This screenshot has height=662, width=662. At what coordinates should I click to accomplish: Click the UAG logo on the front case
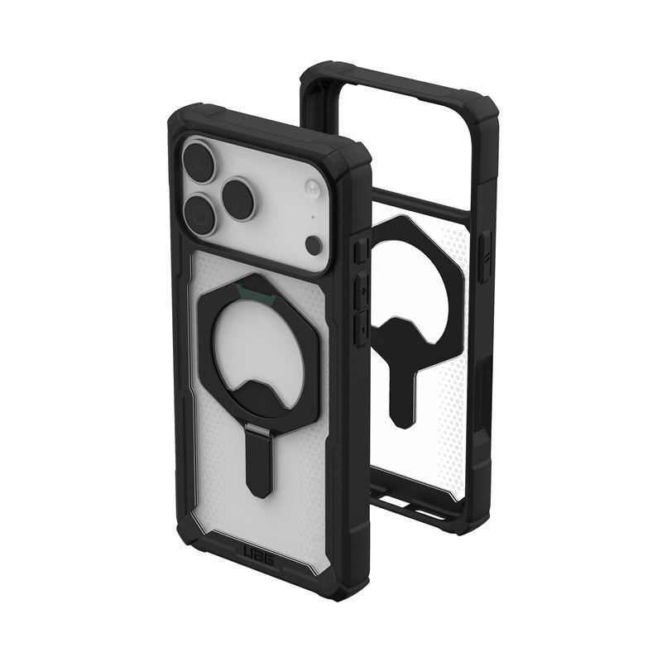pos(257,554)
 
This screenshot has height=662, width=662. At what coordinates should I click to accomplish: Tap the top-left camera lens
pos(199,162)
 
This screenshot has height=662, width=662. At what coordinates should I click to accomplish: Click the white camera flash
pos(313,189)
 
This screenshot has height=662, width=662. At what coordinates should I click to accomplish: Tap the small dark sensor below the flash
pos(314,245)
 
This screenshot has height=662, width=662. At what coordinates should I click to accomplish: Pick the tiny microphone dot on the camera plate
pos(313,218)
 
